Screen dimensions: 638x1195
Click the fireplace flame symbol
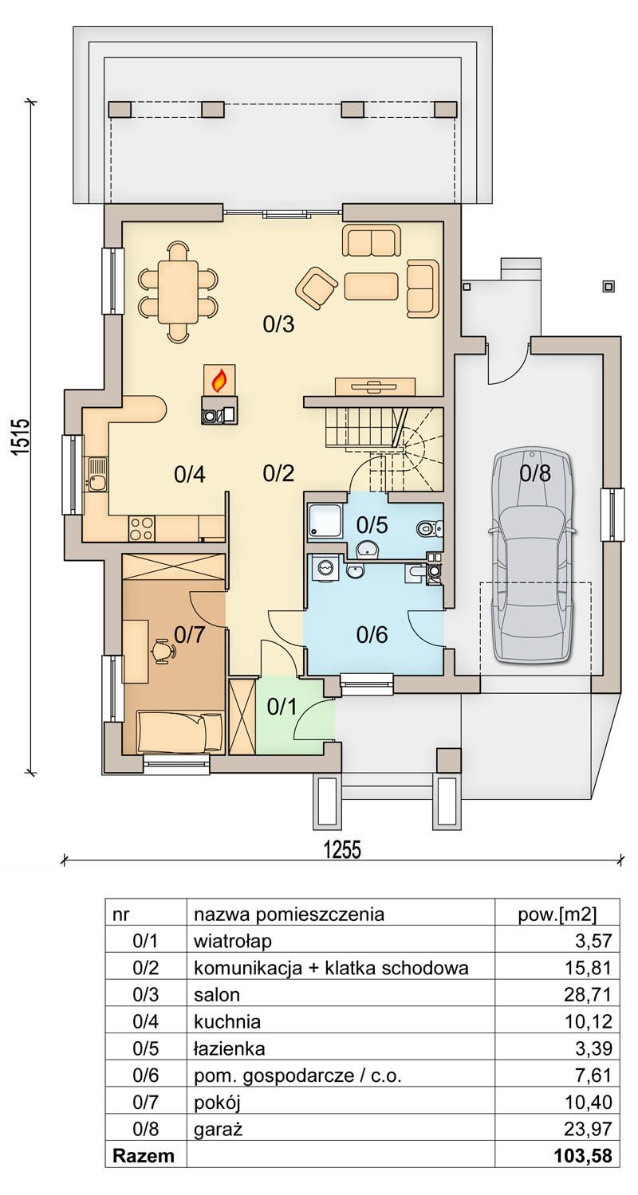218,380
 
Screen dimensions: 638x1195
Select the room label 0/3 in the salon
278,323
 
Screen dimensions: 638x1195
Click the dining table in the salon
178,292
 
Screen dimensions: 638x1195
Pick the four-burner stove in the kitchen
141,527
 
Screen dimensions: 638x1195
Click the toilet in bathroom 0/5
429,529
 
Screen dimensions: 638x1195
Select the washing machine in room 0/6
324,570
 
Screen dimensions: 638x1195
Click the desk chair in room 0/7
163,650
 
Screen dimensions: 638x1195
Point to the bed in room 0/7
179,731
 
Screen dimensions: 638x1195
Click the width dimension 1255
342,850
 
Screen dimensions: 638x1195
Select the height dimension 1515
20,437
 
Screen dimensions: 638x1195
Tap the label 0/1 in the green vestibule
282,707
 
